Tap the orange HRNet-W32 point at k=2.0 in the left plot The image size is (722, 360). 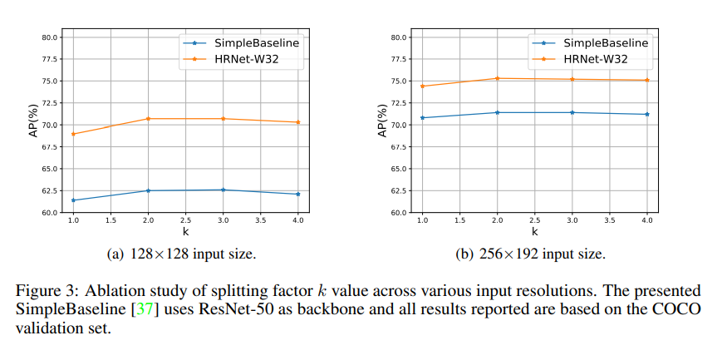[148, 119]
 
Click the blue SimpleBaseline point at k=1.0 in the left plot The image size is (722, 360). [73, 200]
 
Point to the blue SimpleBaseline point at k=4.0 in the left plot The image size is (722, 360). [297, 194]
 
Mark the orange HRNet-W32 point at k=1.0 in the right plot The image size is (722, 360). [422, 86]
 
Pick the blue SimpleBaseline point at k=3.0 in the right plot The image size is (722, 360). [572, 112]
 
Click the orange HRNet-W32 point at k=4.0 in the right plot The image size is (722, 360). [646, 80]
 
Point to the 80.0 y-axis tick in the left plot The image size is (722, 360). [48, 37]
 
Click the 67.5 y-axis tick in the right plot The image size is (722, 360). [397, 147]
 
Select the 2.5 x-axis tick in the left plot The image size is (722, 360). [185, 221]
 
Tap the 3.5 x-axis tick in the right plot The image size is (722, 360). [609, 221]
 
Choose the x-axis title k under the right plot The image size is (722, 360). [534, 232]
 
